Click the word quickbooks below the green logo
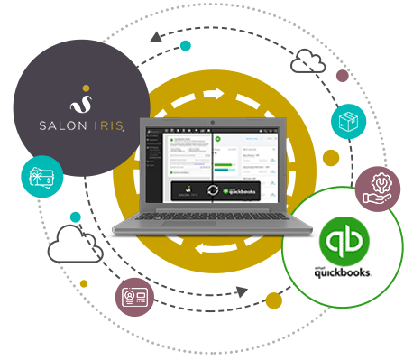click(x=349, y=270)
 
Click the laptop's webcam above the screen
click(x=209, y=119)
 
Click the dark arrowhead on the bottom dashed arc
click(x=241, y=291)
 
